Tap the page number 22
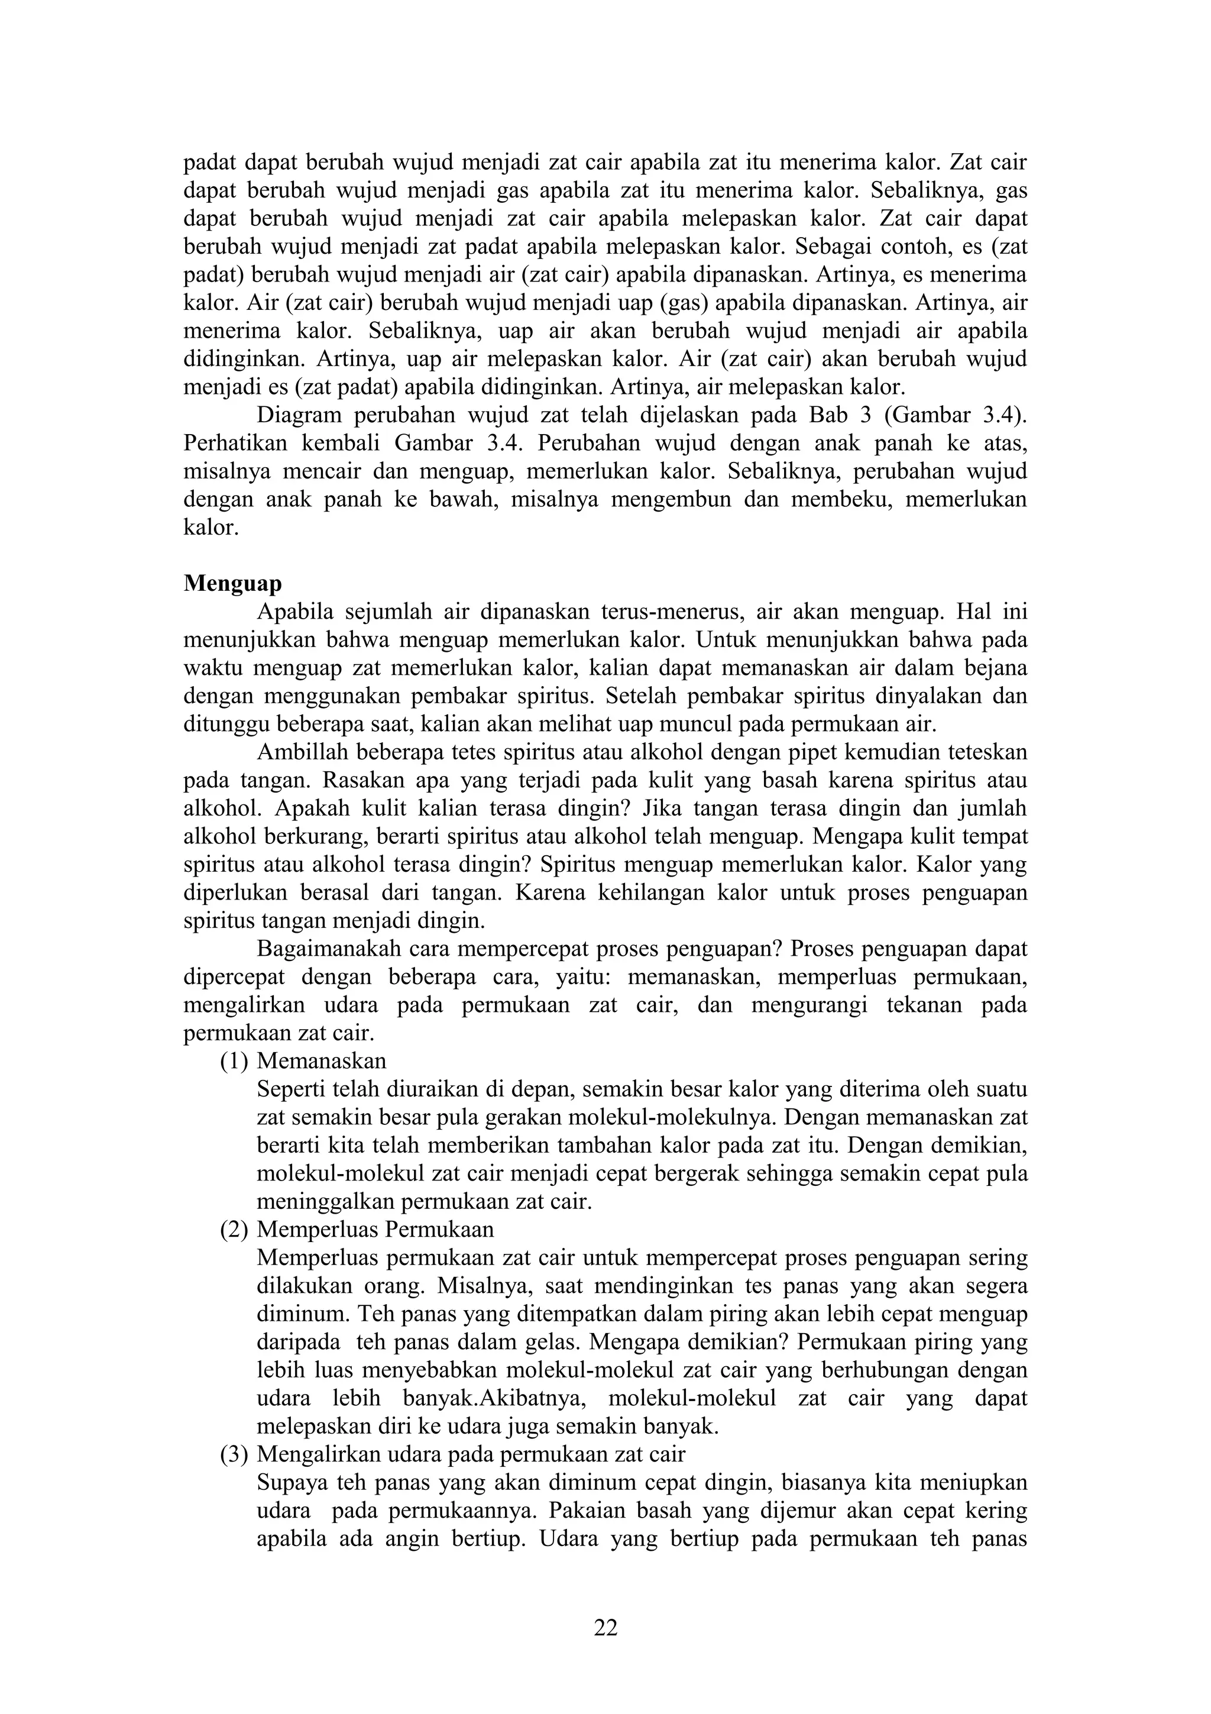pyautogui.click(x=605, y=1625)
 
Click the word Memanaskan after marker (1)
pyautogui.click(x=322, y=1061)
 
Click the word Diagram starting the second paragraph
pyautogui.click(x=299, y=415)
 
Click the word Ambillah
pyautogui.click(x=302, y=752)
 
